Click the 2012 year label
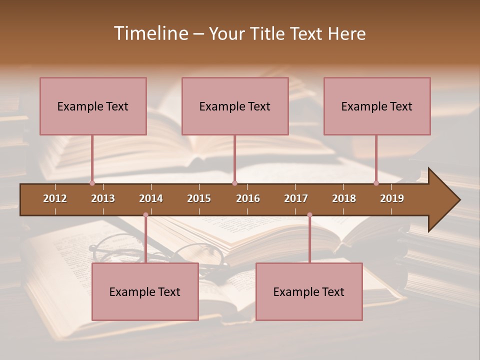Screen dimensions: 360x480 (x=55, y=198)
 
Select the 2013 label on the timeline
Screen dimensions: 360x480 (x=103, y=198)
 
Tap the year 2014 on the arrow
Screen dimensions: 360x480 (x=151, y=198)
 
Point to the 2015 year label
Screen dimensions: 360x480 (x=199, y=198)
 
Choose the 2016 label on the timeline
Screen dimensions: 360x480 (x=248, y=198)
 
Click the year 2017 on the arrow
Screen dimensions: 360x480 (x=296, y=198)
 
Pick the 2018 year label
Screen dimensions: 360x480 (x=344, y=198)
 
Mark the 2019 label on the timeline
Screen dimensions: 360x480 (x=392, y=198)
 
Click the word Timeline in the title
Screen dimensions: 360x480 (x=149, y=33)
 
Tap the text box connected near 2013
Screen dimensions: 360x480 (x=93, y=106)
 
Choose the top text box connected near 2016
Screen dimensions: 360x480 (x=235, y=106)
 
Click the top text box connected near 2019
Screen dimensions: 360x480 (x=377, y=106)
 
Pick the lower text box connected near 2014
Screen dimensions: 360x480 (x=145, y=291)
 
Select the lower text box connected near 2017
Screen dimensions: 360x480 (x=309, y=291)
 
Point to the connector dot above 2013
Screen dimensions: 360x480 (x=92, y=183)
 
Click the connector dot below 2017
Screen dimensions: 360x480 (x=309, y=215)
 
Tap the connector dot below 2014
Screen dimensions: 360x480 (x=145, y=215)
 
